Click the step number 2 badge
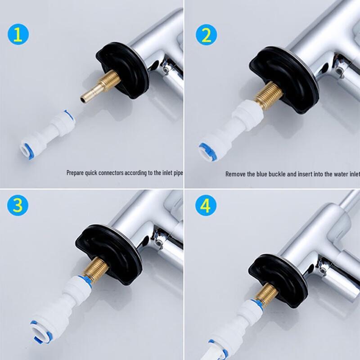pos(206,34)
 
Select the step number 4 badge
pos(206,206)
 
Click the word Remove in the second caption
pos(236,174)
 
